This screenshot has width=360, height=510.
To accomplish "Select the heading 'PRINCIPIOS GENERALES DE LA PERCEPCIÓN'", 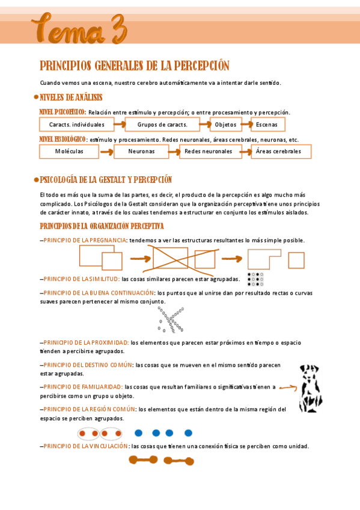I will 135,66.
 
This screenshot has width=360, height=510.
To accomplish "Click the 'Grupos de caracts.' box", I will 163,125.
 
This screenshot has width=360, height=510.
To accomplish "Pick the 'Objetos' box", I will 225,125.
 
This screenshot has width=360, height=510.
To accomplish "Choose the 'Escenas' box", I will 267,125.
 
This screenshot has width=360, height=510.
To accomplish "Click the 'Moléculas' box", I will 69,152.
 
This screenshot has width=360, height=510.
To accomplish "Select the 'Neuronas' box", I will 142,152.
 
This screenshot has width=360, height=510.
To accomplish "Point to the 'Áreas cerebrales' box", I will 281,152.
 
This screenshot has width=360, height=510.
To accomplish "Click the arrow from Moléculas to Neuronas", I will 106,152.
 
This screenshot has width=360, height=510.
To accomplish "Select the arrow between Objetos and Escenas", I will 245,125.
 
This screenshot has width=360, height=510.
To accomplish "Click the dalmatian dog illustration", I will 310,388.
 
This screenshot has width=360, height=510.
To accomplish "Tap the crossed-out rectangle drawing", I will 171,257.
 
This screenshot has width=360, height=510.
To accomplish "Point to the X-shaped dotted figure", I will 170,319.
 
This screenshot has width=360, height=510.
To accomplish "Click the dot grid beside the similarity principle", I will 255,278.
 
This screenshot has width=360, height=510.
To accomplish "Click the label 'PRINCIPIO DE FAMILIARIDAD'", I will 83,387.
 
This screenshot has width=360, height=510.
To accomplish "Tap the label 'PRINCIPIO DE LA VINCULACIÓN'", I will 85,446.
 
